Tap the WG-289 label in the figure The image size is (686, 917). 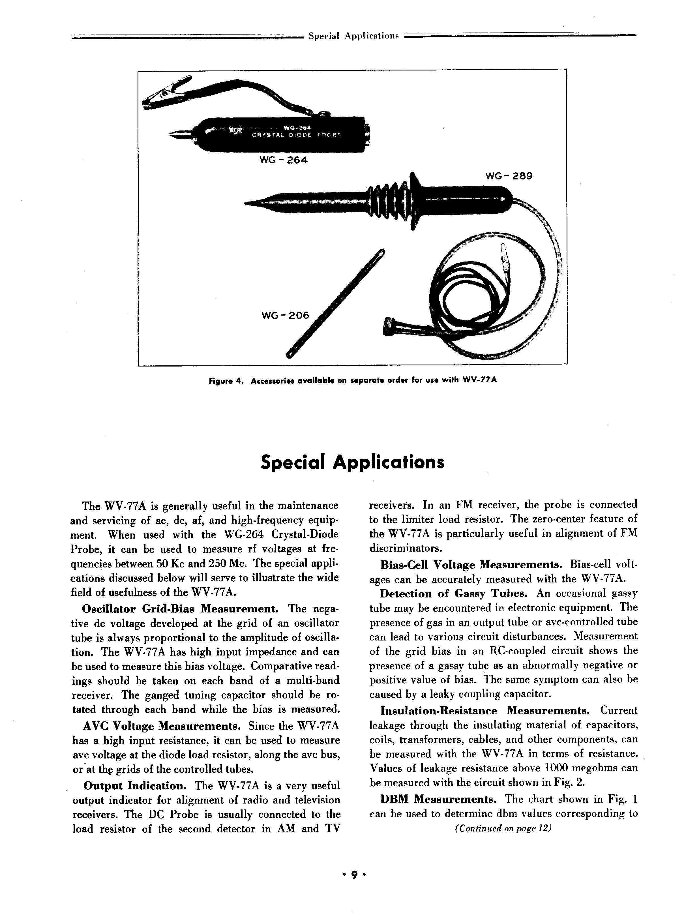[x=509, y=176]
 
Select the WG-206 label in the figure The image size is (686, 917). [x=285, y=316]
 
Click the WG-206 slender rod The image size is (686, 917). [x=336, y=303]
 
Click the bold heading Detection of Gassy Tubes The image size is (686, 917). [x=453, y=594]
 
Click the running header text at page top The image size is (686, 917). [x=353, y=36]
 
